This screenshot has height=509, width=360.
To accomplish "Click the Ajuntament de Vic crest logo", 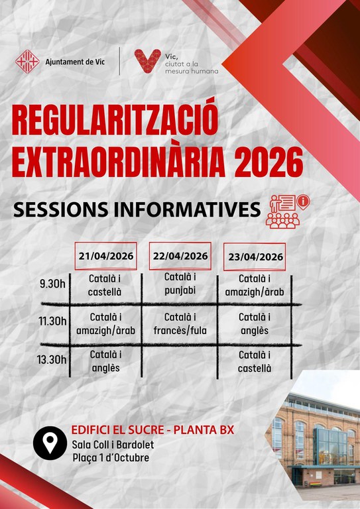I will coord(27,62).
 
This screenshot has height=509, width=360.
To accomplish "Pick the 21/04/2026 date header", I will coord(105,256).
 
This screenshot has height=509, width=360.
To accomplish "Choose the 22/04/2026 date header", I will coord(180,256).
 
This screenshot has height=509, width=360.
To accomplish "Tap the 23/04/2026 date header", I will coord(255,257).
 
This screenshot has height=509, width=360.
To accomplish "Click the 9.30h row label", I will coord(53,284).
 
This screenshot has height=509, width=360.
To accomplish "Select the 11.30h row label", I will coord(53,321).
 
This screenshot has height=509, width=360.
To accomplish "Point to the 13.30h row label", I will coord(53,360).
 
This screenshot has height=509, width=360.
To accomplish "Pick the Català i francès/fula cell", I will coord(180,323).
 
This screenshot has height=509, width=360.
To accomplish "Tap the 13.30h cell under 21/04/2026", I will coord(105,361).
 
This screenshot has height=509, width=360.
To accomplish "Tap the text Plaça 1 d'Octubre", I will coord(111,458).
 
